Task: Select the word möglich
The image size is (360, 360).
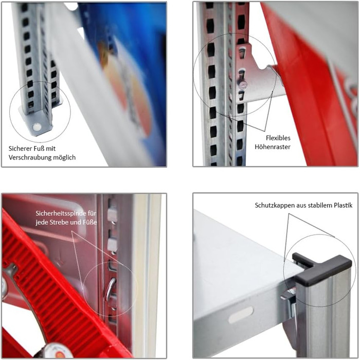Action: [x=64, y=157]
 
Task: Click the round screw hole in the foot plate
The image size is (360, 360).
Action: [x=37, y=127]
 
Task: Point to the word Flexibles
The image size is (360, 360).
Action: [x=278, y=138]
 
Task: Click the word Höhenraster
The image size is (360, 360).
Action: [x=273, y=147]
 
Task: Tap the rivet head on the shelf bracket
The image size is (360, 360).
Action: [x=243, y=85]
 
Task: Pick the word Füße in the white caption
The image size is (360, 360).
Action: [x=91, y=223]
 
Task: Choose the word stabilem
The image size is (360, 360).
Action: [x=320, y=205]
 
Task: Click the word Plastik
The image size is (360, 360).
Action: [x=343, y=205]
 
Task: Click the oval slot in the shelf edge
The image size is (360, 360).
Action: [x=241, y=315]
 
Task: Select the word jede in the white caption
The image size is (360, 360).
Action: [x=41, y=223]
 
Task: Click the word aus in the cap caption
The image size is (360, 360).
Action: [x=301, y=206]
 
